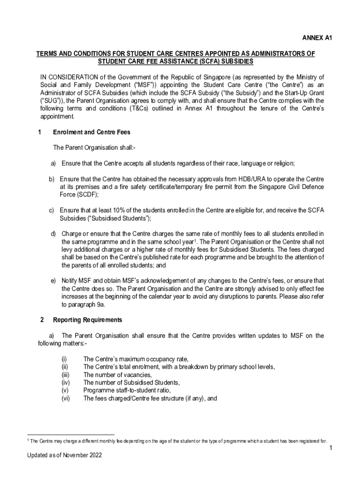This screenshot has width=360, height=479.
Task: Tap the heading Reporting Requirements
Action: [87, 320]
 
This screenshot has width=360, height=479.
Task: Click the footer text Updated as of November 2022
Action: [64, 455]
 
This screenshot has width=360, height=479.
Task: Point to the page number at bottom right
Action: [330, 449]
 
